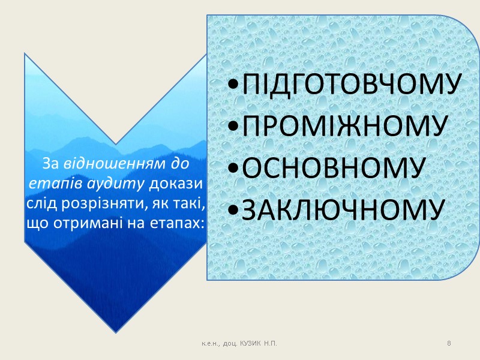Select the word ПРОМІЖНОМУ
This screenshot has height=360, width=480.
[x=343, y=127]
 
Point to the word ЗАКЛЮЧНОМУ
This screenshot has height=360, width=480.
[x=341, y=208]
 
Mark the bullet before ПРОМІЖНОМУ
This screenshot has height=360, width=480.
[x=233, y=128]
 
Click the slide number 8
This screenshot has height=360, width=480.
[x=449, y=343]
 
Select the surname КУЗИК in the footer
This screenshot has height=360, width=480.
[x=251, y=343]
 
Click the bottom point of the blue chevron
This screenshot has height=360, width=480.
[x=115, y=331]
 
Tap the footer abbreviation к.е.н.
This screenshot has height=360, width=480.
[x=211, y=343]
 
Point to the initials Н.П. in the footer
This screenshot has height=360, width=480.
[x=271, y=343]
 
